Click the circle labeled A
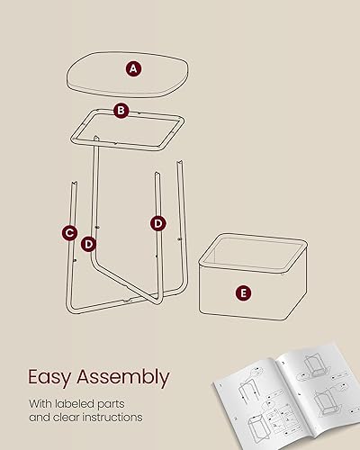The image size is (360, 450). pos(133,67)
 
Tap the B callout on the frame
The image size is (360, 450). pos(121,110)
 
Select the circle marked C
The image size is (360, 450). pos(69,233)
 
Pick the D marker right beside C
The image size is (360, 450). pos(88,243)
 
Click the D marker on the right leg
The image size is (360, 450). pos(157,222)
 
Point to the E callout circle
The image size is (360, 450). pos(242,292)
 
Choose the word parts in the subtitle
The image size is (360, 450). pos(131,402)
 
